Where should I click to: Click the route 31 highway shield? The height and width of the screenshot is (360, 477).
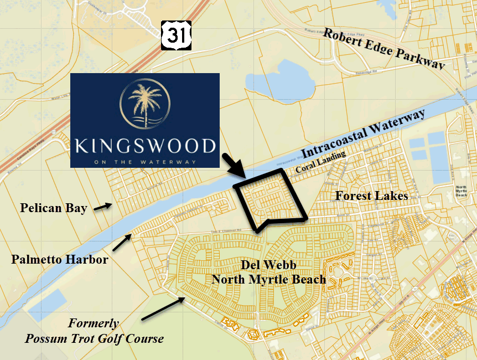tap(177, 35)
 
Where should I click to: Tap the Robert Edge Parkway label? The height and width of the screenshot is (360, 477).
tap(384, 49)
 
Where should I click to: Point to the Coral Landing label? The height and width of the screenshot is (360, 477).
tap(320, 163)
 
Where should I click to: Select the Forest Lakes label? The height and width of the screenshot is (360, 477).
tap(371, 196)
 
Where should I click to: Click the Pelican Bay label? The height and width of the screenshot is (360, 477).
tap(54, 208)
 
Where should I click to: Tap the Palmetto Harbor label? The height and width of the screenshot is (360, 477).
tap(60, 259)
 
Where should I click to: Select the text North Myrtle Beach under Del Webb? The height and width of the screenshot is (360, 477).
tap(268, 279)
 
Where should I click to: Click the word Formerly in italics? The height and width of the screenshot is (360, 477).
tap(94, 323)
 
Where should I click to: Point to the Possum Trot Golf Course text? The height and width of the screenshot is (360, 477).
tap(94, 338)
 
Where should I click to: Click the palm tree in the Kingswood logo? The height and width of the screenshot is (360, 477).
tap(144, 105)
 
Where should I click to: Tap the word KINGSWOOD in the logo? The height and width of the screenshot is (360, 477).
tap(144, 147)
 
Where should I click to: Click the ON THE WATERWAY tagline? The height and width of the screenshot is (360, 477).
tap(144, 162)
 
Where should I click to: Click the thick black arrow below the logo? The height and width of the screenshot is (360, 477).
tap(232, 166)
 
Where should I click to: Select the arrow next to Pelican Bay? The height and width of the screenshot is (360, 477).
tap(101, 207)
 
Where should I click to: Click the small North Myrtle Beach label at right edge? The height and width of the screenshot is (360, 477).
tap(460, 192)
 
